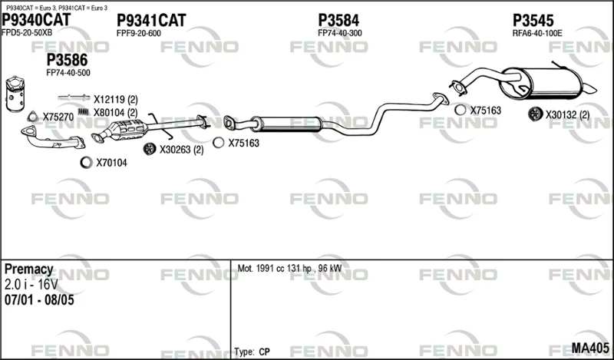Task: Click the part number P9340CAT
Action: (x=36, y=20)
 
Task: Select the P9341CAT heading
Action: (x=151, y=21)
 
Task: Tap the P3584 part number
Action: (x=338, y=21)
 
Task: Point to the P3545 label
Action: (x=533, y=21)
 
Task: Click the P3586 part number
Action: (x=67, y=61)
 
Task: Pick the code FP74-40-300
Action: (x=340, y=33)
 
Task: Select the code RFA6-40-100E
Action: (x=537, y=33)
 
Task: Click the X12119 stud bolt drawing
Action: (x=74, y=97)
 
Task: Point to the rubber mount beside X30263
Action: (x=149, y=149)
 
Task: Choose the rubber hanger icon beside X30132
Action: (x=534, y=114)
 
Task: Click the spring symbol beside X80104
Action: (x=84, y=112)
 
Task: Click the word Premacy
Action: (x=28, y=269)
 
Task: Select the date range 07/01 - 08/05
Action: (x=39, y=300)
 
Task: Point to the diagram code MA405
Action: (x=590, y=348)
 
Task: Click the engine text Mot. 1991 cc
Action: (x=260, y=269)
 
